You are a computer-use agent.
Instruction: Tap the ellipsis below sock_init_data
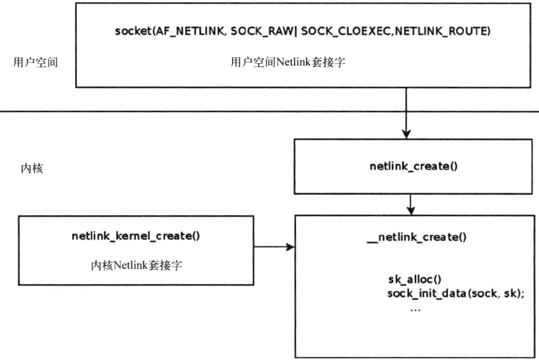[415, 309]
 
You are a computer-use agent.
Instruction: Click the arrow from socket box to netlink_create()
[406, 113]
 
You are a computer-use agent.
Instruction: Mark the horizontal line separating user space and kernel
[147, 112]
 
